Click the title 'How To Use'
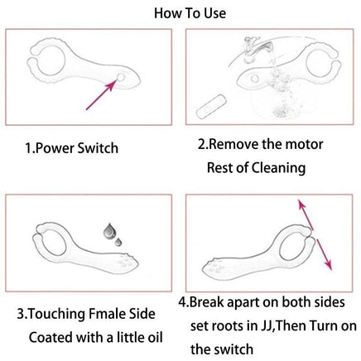coord(190,13)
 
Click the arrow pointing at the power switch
coord(101,94)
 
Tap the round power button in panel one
coord(121,77)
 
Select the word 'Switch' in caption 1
coord(98,148)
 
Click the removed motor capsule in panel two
coord(211,106)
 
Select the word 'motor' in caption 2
coord(304,144)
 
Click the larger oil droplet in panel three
coord(108,231)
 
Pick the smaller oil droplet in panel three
coord(118,242)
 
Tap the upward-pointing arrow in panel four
coord(306,214)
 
